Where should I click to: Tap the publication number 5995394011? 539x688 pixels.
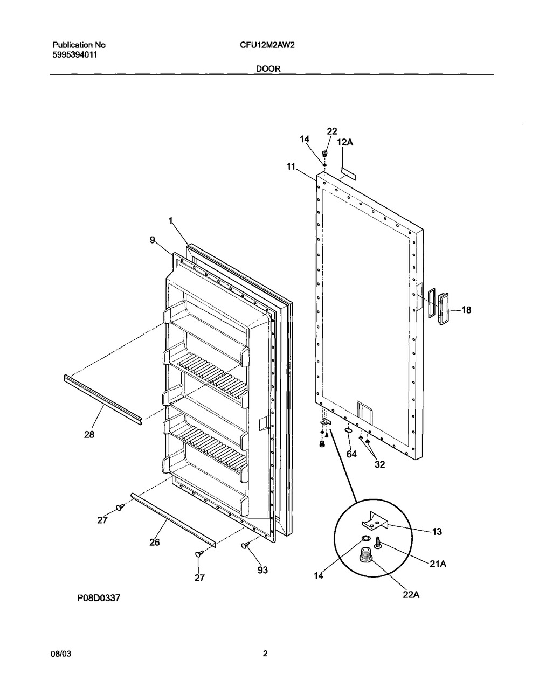[x=75, y=54]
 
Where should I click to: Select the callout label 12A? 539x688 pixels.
[x=345, y=142]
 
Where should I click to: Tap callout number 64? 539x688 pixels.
[x=351, y=455]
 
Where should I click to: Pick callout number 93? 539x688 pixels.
[x=262, y=571]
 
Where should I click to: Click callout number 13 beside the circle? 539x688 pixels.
[x=437, y=532]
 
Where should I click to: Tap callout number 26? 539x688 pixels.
[x=154, y=543]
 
